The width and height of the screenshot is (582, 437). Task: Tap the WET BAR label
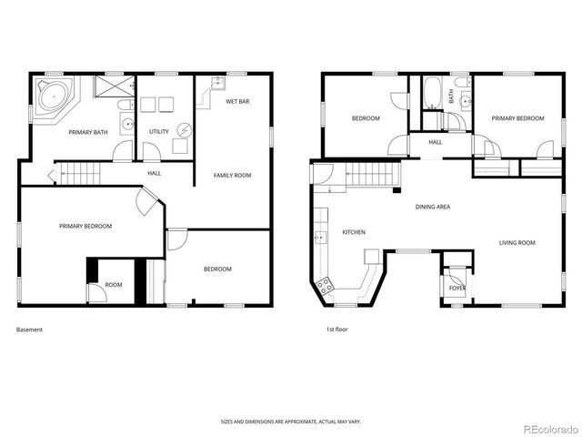coord(237,101)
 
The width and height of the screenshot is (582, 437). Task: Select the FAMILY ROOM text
coord(232,175)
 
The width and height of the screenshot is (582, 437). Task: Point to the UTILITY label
coord(159,132)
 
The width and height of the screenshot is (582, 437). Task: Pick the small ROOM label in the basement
coord(113,285)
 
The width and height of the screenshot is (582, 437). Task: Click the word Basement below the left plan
coord(29,330)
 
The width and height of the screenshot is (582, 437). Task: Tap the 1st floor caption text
coord(336,330)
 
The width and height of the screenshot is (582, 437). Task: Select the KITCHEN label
coord(353,232)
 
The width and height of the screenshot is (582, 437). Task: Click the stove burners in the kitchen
coord(325,288)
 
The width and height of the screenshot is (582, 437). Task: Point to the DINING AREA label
coord(433,207)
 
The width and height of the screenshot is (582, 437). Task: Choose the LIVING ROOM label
coord(516,243)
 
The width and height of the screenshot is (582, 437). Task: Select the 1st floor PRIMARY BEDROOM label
coord(517,118)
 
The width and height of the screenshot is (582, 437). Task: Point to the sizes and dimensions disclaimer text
coord(290,422)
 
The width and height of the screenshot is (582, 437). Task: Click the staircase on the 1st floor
coord(368,174)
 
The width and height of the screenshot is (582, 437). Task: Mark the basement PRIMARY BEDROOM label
coord(85,226)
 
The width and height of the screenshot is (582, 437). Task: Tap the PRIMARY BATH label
coord(89,132)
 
